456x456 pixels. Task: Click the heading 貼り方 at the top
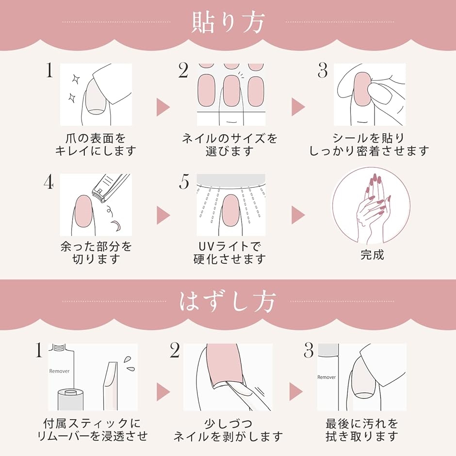[x=228, y=22]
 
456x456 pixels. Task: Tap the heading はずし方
[x=228, y=302]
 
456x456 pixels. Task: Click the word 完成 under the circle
[x=372, y=255]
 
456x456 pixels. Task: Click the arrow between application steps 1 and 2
[x=163, y=107]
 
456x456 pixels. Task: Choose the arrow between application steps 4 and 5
[x=163, y=215]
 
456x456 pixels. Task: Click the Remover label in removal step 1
[x=59, y=371]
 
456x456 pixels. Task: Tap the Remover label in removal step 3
[x=326, y=377]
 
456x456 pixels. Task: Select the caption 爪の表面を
[x=96, y=138]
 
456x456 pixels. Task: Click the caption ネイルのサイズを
[x=229, y=138]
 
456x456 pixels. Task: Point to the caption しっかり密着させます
[x=369, y=151]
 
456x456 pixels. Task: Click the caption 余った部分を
[x=96, y=246]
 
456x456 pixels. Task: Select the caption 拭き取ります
[x=362, y=436]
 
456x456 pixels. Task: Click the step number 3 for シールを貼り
[x=323, y=71]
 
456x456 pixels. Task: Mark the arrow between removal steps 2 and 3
[x=296, y=391]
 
